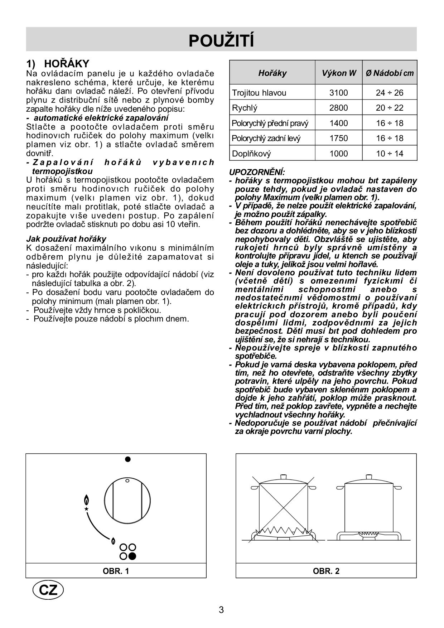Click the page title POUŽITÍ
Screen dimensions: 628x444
(x=221, y=40)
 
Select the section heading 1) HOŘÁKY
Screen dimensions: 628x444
(x=58, y=64)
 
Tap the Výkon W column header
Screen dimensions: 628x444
(x=339, y=73)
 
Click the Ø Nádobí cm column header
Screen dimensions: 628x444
(x=390, y=73)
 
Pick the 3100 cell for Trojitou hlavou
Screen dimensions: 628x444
(x=339, y=93)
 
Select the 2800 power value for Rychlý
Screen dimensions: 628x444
(x=339, y=108)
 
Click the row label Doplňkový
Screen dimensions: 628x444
(x=251, y=154)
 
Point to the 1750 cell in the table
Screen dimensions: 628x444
(x=339, y=138)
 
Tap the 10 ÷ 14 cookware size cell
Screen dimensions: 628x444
(x=390, y=154)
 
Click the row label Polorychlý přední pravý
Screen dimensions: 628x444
(x=270, y=123)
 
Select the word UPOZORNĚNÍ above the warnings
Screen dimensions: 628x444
(x=257, y=172)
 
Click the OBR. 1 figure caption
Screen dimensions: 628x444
(x=116, y=571)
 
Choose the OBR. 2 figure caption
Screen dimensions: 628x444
(x=326, y=571)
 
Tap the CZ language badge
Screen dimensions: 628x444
(x=48, y=590)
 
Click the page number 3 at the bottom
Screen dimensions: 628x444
(x=221, y=610)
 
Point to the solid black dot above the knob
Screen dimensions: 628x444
(x=128, y=459)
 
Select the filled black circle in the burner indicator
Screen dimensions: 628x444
(x=132, y=556)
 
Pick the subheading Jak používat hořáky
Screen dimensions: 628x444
(x=66, y=239)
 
